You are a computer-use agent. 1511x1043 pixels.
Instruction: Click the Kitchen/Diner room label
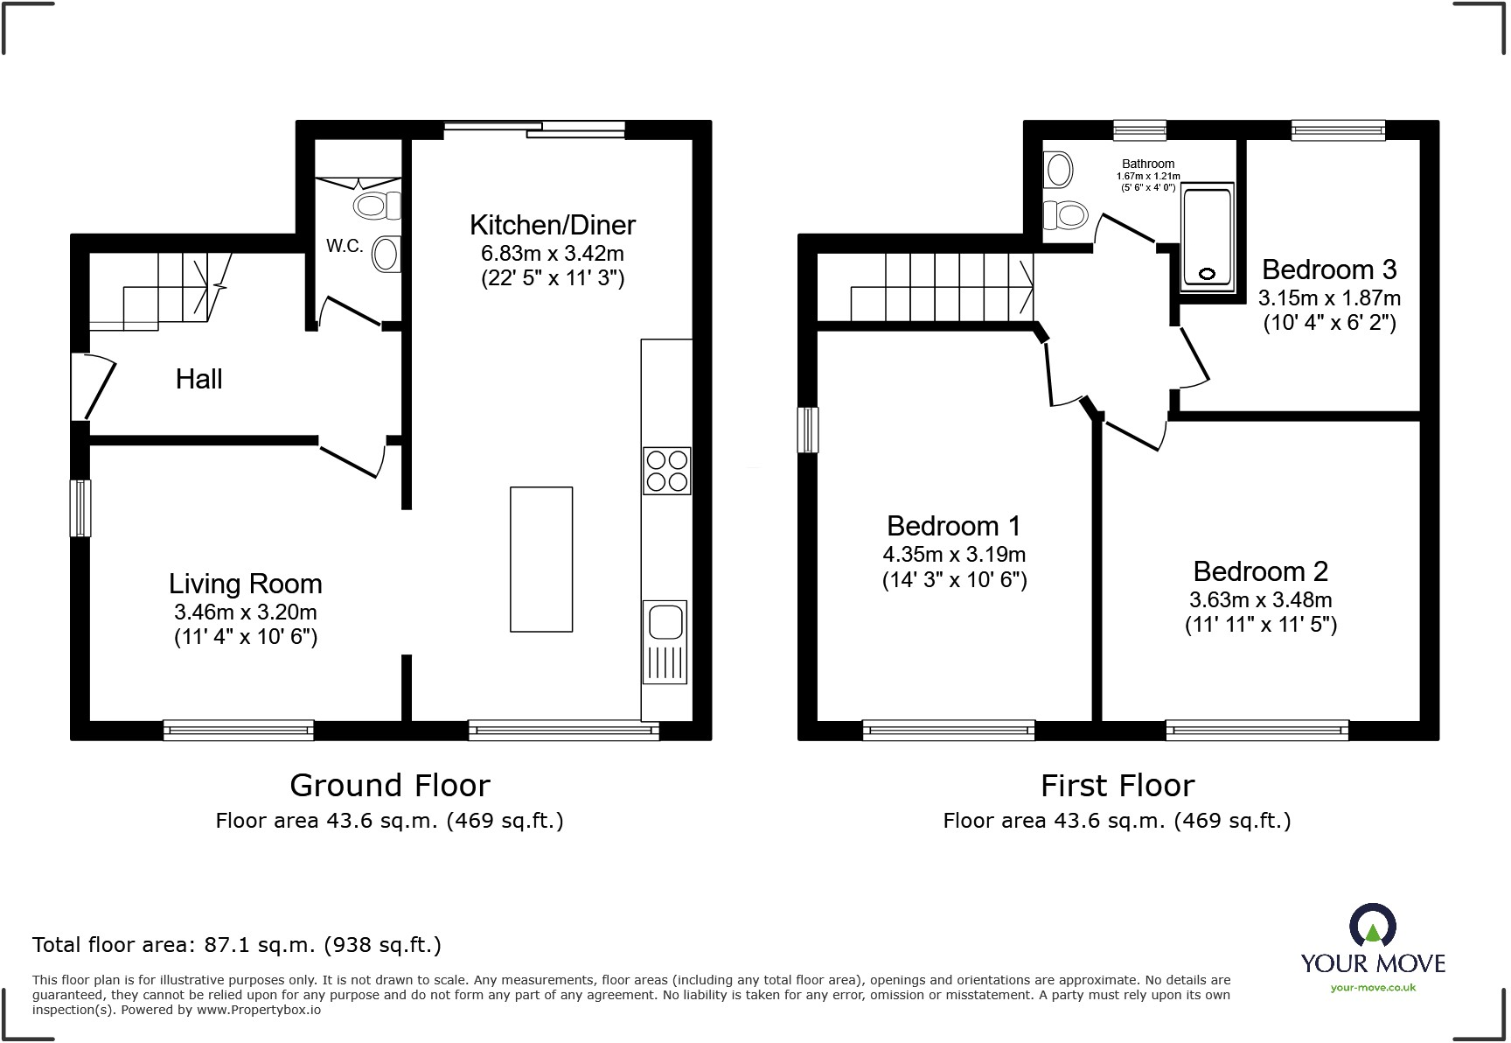(x=552, y=225)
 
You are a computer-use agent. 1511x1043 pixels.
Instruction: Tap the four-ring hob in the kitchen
(x=667, y=471)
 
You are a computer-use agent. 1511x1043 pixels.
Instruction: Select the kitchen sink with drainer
(x=665, y=640)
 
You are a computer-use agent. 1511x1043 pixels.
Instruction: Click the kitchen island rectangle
(x=541, y=559)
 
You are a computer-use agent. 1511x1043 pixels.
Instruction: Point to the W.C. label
(x=345, y=247)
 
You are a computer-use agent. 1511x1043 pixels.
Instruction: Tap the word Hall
(x=198, y=379)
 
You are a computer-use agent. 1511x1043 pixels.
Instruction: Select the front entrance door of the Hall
(x=94, y=386)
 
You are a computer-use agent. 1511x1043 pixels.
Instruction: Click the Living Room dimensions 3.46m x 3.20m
(x=245, y=612)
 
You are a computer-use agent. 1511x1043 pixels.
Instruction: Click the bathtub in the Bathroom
(x=1207, y=236)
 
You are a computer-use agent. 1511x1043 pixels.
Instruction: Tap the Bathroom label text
(x=1148, y=164)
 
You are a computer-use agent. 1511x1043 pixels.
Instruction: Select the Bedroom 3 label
(x=1328, y=269)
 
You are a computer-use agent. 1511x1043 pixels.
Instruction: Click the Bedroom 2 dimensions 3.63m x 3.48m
(x=1260, y=599)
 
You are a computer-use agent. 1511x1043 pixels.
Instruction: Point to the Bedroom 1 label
(x=953, y=526)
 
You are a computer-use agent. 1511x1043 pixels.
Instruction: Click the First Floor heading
(x=1117, y=786)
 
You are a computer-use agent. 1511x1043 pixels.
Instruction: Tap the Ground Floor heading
(x=389, y=786)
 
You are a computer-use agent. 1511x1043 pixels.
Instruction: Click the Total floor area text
(x=236, y=945)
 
